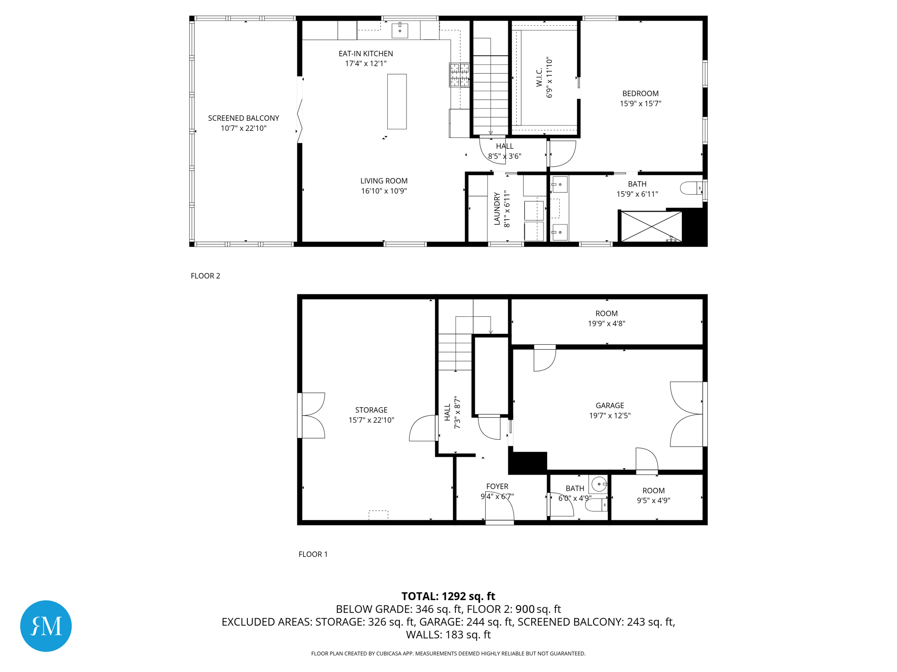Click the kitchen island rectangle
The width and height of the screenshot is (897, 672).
tap(397, 101)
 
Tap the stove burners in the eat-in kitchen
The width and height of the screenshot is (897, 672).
tap(459, 74)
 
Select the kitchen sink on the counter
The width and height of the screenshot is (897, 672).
tap(400, 31)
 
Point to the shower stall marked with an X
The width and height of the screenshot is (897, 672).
tap(651, 226)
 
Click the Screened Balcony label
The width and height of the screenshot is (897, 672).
tap(244, 118)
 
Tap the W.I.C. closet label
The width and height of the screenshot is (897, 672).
tap(539, 77)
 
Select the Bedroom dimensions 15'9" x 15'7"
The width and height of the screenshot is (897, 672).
tap(640, 104)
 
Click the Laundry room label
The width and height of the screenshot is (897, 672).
tap(497, 209)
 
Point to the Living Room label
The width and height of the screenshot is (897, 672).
tap(384, 181)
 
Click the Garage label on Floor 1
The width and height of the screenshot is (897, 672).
tap(610, 406)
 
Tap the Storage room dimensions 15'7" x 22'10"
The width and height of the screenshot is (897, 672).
tap(371, 420)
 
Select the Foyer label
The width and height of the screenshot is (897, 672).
tap(497, 486)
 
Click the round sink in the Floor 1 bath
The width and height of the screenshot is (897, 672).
tap(599, 484)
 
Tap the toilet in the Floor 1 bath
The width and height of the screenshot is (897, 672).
tap(597, 505)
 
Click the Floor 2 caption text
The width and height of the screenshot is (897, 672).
tap(205, 276)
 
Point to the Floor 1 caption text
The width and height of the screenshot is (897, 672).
tap(313, 554)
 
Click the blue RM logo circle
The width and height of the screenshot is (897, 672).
tap(46, 626)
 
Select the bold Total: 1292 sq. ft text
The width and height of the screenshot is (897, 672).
tap(448, 596)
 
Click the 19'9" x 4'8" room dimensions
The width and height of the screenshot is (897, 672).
tap(607, 324)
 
